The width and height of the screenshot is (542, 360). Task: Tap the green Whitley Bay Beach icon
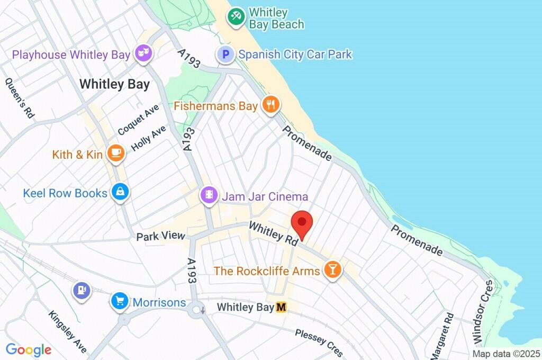pos(236,17)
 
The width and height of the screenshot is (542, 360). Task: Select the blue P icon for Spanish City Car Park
pos(226,55)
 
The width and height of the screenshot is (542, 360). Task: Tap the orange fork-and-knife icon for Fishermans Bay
pos(271,105)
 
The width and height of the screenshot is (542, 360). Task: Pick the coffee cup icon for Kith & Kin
pos(116,154)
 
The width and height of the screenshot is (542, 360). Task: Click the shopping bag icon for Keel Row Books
pos(121,193)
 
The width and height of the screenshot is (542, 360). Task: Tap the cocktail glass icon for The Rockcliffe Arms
pos(332,270)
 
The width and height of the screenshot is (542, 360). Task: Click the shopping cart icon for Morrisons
pos(120,302)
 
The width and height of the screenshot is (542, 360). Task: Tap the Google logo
pos(29,349)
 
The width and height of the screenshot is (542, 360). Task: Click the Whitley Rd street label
pos(274,233)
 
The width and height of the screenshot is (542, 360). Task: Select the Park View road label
pos(160,236)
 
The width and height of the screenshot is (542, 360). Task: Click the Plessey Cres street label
pos(319,341)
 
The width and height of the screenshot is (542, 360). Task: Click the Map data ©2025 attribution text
pos(505,354)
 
